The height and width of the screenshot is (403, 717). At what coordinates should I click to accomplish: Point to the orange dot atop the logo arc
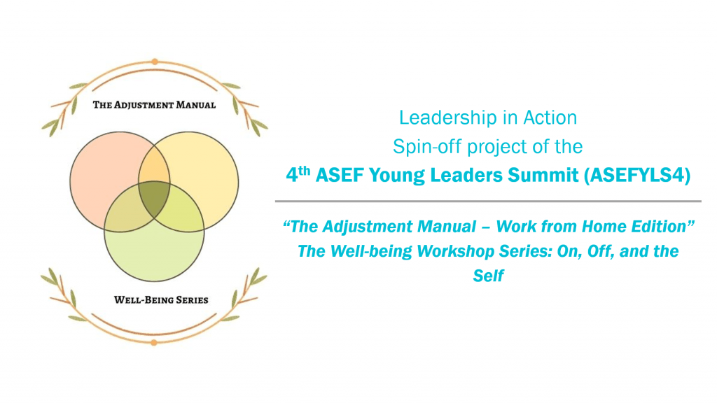coord(155,62)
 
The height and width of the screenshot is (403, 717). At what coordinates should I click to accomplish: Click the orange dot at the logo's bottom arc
coord(154,343)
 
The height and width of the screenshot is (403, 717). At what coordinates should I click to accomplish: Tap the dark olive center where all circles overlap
coord(154,199)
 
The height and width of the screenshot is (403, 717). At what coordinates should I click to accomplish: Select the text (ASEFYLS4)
coord(637,175)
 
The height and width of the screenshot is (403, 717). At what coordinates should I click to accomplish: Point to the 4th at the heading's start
coord(298,174)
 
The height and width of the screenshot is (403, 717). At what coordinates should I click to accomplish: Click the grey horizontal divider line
coord(488,201)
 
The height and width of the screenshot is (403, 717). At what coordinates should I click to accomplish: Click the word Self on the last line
coord(488,276)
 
